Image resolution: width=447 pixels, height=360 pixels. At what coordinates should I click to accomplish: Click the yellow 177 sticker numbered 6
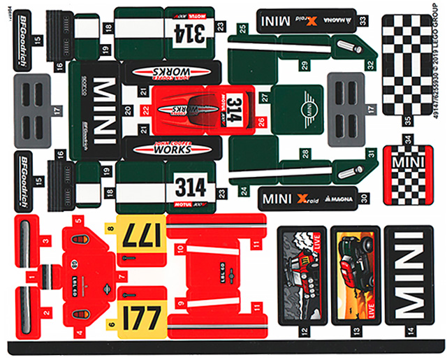(x=143, y=316)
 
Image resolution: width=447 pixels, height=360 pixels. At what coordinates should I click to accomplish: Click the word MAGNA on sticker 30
(x=342, y=199)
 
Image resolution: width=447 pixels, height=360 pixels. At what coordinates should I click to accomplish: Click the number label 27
(x=263, y=97)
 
